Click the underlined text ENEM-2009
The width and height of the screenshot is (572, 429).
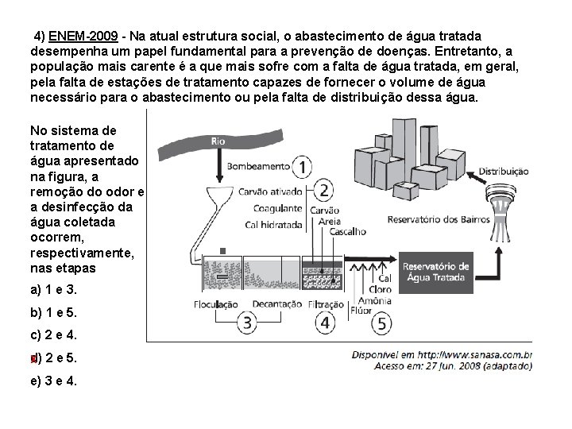[x=83, y=37]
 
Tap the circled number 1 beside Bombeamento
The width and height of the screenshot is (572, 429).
[x=303, y=166]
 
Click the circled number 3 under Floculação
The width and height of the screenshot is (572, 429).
[x=248, y=323]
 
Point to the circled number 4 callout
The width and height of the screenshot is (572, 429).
[x=324, y=323]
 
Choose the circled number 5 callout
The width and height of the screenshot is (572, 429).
[x=381, y=323]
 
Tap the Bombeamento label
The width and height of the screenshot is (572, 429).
[x=258, y=167]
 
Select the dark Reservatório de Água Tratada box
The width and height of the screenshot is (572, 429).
[x=436, y=272]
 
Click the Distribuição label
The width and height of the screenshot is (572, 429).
[x=504, y=170]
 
